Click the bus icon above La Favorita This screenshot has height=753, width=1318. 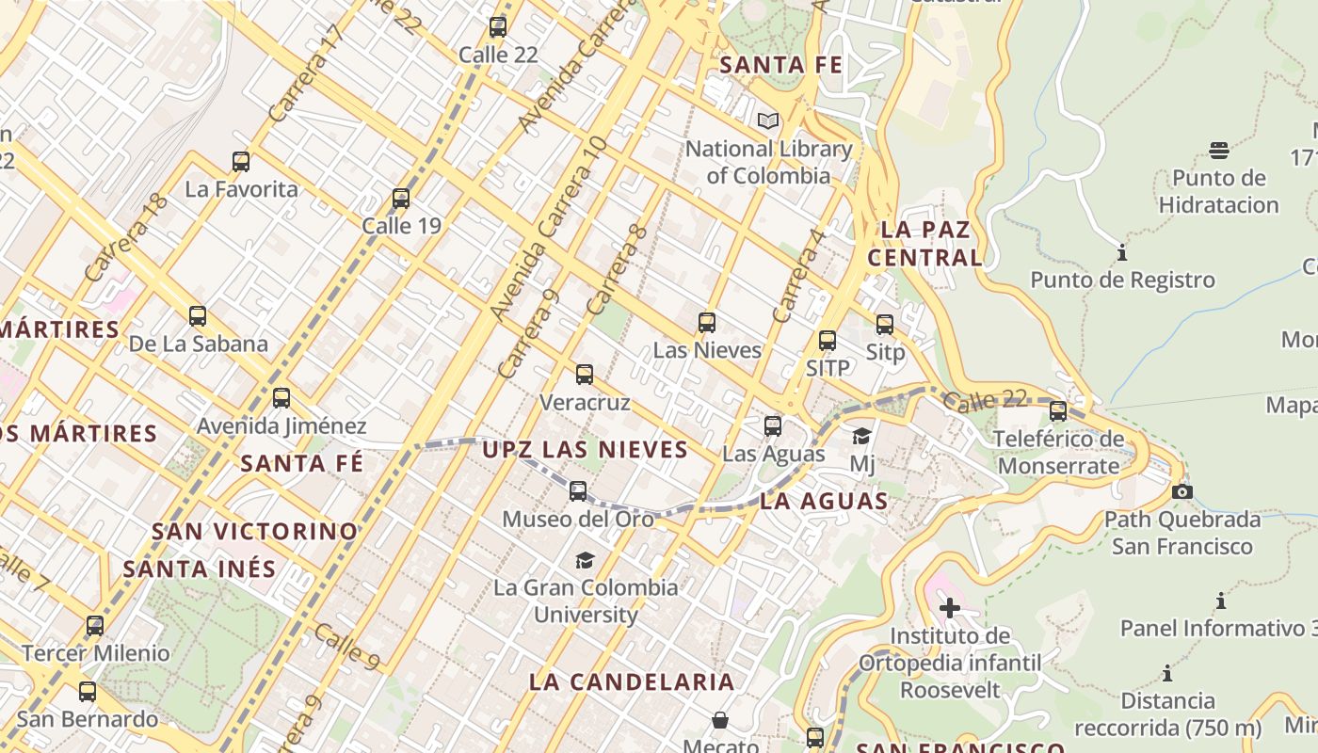coord(241,162)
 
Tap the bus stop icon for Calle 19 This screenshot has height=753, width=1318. coord(401,199)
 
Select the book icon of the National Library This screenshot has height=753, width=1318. coord(768,121)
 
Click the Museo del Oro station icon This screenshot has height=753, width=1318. coord(578,491)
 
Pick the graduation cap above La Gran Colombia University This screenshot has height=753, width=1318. coord(586,561)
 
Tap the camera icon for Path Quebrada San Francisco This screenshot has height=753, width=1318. coord(1182,491)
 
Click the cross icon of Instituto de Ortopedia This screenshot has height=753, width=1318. coord(950,608)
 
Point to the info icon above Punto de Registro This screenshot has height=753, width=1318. coord(1122,253)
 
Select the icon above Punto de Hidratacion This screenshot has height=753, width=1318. coord(1219,151)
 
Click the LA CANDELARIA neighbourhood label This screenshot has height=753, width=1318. coord(632,682)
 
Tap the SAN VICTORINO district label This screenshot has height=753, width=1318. coord(255,532)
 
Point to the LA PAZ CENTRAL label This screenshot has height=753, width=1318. coord(924,244)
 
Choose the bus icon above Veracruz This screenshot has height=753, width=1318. coord(585,375)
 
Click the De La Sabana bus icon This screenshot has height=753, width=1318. coord(198,316)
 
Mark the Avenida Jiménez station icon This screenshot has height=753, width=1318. coord(281,398)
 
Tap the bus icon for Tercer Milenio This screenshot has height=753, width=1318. coord(95,626)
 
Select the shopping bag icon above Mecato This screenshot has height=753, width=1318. coord(720,720)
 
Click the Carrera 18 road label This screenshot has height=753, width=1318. coord(125,237)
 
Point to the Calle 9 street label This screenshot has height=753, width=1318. coord(346,648)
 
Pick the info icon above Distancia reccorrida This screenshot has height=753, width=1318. coord(1167,674)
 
